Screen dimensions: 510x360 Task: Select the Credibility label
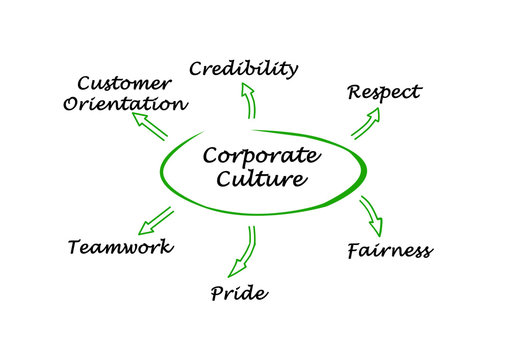pyautogui.click(x=244, y=69)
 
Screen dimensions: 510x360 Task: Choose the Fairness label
pyautogui.click(x=389, y=250)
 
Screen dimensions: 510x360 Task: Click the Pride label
pyautogui.click(x=239, y=293)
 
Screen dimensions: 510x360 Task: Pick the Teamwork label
pyautogui.click(x=120, y=247)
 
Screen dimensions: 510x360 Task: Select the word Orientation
pyautogui.click(x=124, y=103)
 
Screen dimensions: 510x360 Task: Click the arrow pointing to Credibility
pyautogui.click(x=248, y=101)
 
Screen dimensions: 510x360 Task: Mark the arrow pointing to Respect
pyautogui.click(x=366, y=122)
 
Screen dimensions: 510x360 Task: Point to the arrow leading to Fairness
pyautogui.click(x=370, y=213)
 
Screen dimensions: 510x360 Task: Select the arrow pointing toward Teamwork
pyautogui.click(x=156, y=219)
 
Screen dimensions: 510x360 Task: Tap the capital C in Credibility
pyautogui.click(x=198, y=69)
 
